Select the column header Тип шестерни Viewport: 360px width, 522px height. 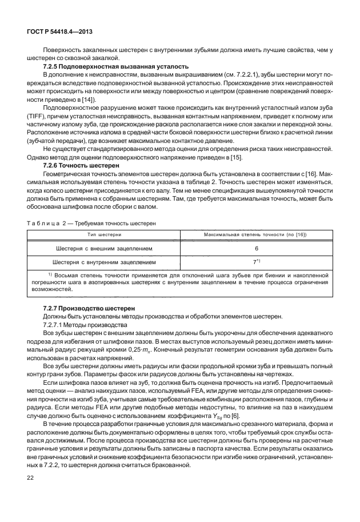[103, 234]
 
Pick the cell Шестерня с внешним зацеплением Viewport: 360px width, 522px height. [103, 249]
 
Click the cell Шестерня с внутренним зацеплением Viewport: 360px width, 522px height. [103, 262]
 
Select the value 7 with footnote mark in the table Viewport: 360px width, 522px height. [257, 262]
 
